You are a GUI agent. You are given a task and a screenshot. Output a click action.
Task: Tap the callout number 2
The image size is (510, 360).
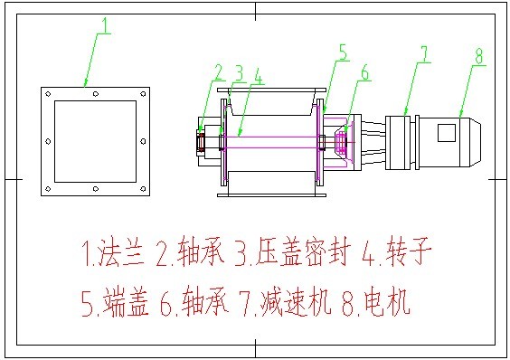[218, 71]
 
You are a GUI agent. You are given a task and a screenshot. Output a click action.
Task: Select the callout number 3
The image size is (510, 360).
[239, 71]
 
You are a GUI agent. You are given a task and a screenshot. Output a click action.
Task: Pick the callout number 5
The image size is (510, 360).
[343, 51]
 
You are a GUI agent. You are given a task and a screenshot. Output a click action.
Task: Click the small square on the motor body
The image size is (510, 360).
[446, 132]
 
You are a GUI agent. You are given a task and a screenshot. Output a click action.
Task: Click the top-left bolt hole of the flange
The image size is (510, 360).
[47, 93]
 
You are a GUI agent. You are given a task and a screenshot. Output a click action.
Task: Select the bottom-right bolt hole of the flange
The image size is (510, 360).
[141, 187]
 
